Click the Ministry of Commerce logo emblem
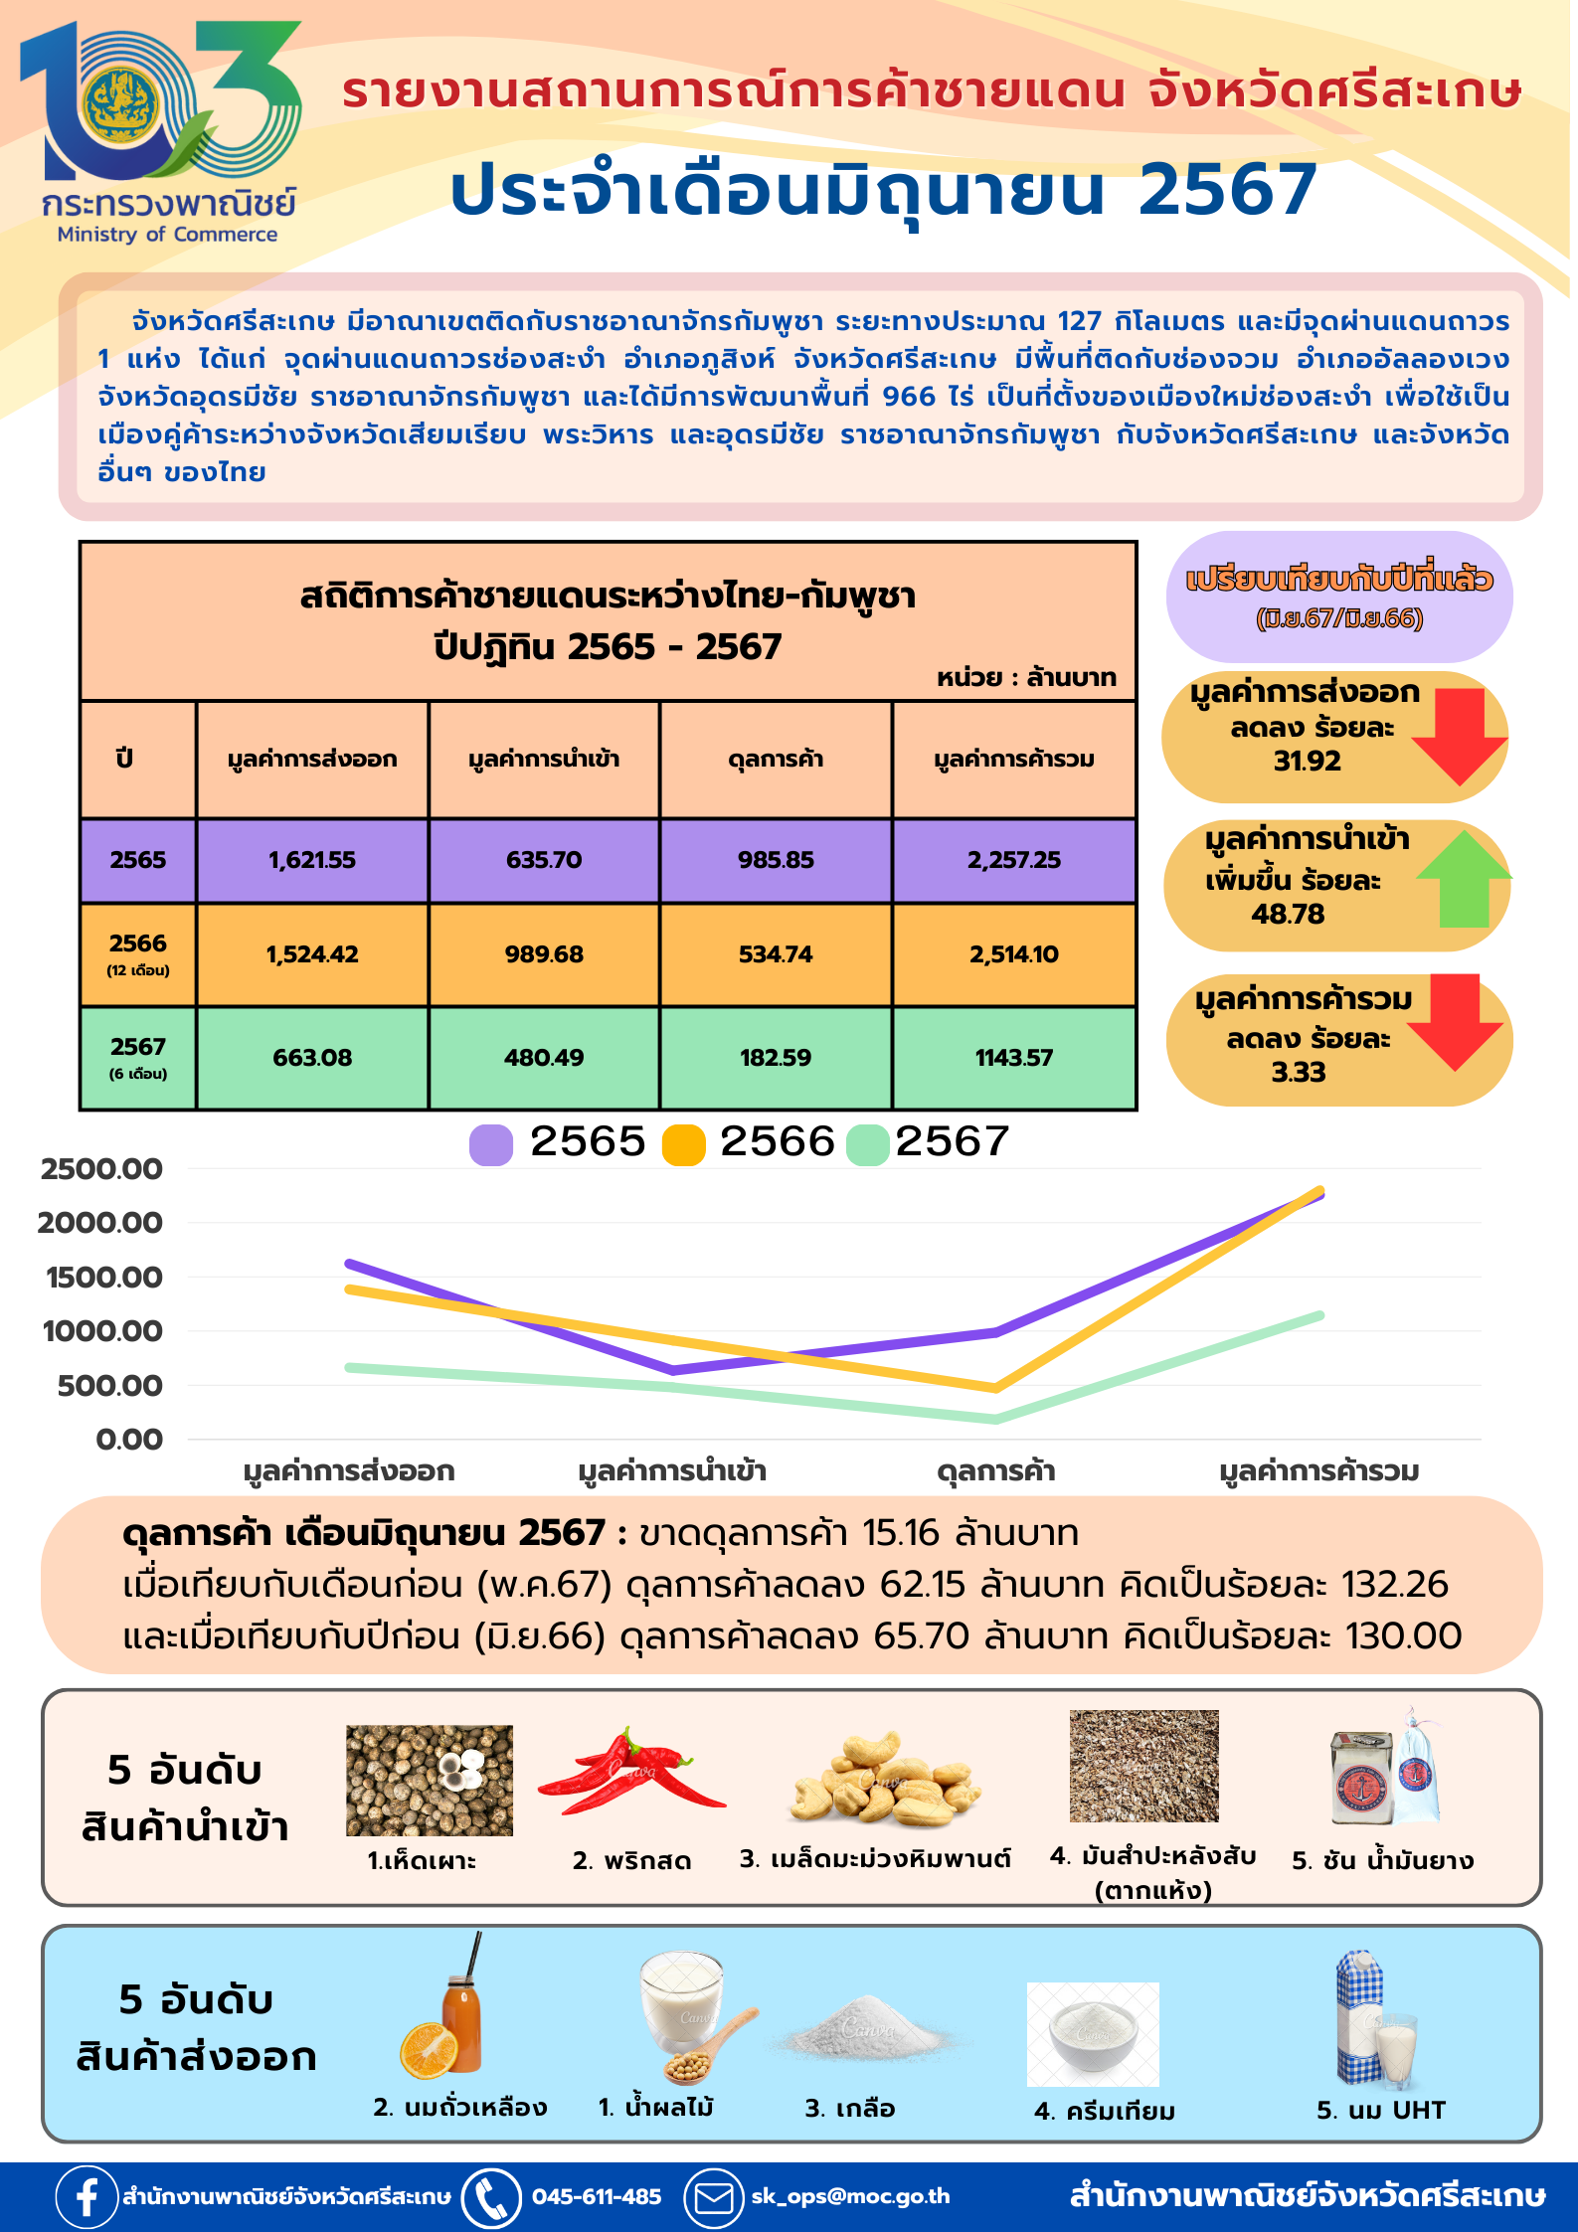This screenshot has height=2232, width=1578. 119,104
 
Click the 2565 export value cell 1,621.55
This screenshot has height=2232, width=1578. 312,860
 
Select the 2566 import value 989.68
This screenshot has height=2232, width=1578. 544,954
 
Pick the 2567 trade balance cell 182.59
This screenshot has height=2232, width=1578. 776,1058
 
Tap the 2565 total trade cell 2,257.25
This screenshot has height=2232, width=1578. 1014,860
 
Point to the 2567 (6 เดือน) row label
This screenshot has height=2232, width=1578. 138,1057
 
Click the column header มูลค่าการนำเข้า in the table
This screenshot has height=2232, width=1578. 544,760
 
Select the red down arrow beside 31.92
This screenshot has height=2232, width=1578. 1459,736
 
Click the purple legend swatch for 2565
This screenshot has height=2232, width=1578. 491,1144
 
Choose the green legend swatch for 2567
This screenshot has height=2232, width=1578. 867,1144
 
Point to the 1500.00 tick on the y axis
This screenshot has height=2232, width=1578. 103,1278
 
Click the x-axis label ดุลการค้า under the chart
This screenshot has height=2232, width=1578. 996,1471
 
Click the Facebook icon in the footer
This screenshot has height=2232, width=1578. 87,2196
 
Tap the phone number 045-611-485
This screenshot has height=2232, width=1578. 596,2196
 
